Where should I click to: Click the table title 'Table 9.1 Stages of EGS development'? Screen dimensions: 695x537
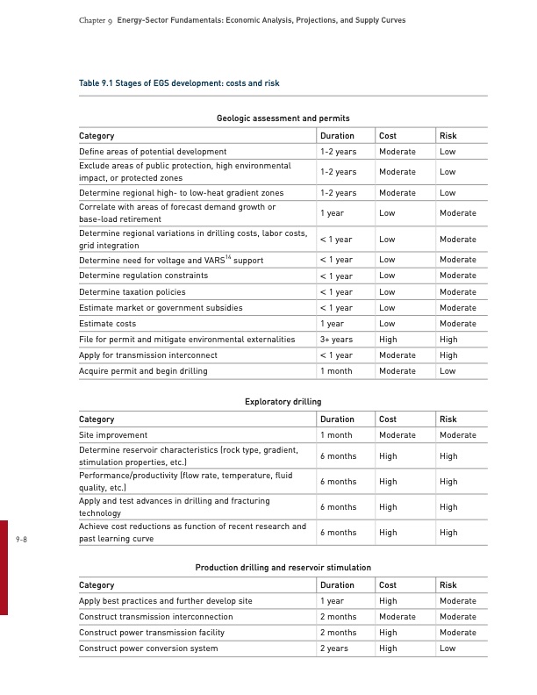coord(179,83)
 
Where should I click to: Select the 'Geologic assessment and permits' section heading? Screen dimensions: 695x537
coord(283,118)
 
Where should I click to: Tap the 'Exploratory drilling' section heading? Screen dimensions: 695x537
coord(283,401)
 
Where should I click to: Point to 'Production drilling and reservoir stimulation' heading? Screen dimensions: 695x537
coord(283,568)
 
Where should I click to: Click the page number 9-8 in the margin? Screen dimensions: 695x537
coord(22,540)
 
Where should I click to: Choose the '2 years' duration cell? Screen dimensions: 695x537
coord(334,648)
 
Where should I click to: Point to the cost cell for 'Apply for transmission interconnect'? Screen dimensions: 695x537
coord(397,355)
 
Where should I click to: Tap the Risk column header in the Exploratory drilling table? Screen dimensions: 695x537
coord(447,419)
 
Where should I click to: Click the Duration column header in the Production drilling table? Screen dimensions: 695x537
coord(337,585)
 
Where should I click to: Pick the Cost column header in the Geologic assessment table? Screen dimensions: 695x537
coord(388,136)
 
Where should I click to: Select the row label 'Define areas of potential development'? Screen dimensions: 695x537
coord(153,152)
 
